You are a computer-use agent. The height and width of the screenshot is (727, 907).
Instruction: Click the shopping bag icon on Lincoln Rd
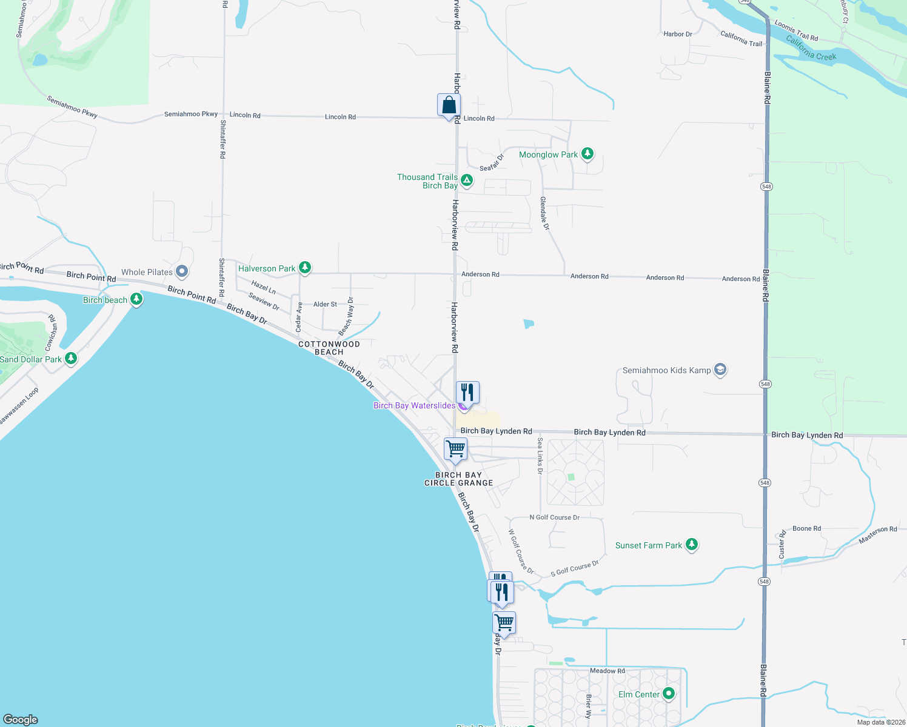point(449,105)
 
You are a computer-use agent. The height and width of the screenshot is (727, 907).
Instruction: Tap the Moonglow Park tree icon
point(587,154)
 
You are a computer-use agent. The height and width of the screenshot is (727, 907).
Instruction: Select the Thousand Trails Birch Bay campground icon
point(466,180)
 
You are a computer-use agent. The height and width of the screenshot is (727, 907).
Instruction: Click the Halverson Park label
point(267,268)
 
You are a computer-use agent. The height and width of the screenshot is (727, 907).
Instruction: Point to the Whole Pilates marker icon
point(181,271)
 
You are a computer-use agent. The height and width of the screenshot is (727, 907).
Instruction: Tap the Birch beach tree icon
point(136,299)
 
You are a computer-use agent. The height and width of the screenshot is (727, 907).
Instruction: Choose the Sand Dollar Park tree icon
point(71,359)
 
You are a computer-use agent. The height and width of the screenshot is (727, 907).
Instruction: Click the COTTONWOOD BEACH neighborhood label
point(329,348)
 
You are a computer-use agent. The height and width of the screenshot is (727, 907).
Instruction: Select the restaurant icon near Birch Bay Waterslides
point(467,393)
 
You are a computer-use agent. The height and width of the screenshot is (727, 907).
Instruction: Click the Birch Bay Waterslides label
point(414,405)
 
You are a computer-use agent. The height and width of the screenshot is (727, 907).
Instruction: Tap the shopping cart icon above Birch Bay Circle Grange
point(455,450)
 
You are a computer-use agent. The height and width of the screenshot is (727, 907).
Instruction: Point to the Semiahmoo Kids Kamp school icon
point(720,370)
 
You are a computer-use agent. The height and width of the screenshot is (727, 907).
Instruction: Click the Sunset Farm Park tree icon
point(691,545)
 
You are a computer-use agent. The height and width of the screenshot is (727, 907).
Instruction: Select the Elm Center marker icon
point(669,694)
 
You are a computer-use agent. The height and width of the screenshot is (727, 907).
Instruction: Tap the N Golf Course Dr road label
point(554,517)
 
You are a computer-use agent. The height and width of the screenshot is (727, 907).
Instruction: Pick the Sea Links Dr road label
point(540,455)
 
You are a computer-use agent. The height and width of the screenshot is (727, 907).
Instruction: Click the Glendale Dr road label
point(544,213)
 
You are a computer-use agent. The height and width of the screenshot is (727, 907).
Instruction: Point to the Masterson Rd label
point(877,534)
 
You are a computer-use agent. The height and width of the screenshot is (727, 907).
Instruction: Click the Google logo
point(21,720)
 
